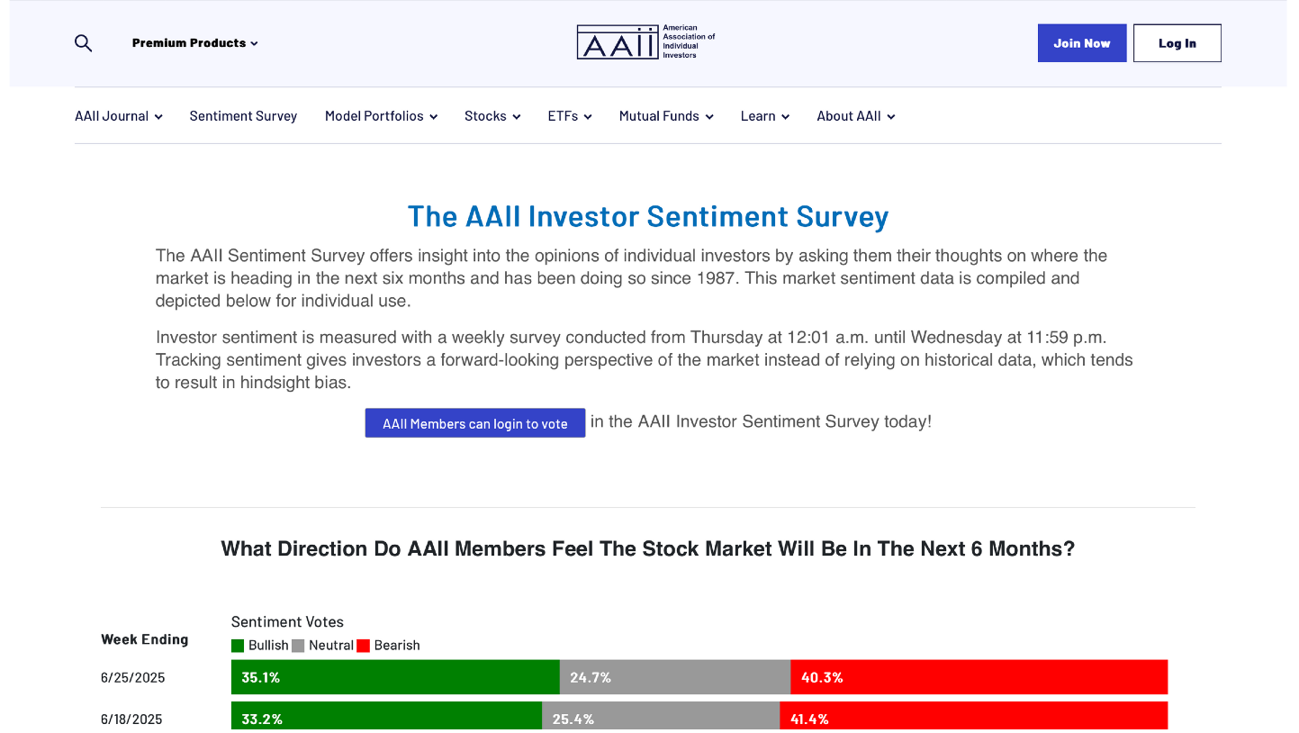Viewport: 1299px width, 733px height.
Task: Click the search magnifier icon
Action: pyautogui.click(x=83, y=43)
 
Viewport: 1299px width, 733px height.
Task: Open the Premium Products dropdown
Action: pyautogui.click(x=194, y=43)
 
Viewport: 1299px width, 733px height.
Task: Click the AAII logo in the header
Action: pyautogui.click(x=646, y=41)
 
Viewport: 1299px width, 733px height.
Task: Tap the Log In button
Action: pyautogui.click(x=1177, y=43)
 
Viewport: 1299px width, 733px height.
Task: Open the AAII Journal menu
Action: pyautogui.click(x=118, y=116)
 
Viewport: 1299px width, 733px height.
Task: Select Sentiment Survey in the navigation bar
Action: pyautogui.click(x=243, y=116)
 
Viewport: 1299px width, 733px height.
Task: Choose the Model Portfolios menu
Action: pyautogui.click(x=381, y=116)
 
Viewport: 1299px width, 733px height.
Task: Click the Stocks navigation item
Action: pyautogui.click(x=492, y=116)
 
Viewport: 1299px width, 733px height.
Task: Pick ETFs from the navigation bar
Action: pyautogui.click(x=570, y=116)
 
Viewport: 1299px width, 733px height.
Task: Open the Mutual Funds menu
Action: pyautogui.click(x=666, y=116)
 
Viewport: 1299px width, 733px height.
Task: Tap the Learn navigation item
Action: pyautogui.click(x=765, y=116)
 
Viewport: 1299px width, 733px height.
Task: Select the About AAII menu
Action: pyautogui.click(x=856, y=116)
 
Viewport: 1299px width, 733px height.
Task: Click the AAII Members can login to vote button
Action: pyautogui.click(x=475, y=423)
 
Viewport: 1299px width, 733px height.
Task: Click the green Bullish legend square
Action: pyautogui.click(x=237, y=646)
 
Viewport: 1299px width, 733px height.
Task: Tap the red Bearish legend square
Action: pyautogui.click(x=363, y=646)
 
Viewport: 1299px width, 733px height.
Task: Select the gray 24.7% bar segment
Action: pyautogui.click(x=675, y=677)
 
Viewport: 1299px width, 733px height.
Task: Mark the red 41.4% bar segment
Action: pyautogui.click(x=974, y=716)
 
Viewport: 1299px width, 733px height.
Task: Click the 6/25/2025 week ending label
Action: pyautogui.click(x=133, y=677)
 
